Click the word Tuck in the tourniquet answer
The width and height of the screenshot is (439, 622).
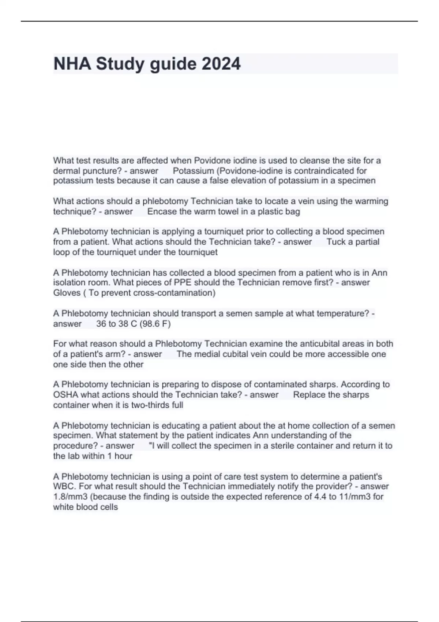click(336, 242)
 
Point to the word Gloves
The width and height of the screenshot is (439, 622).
click(67, 293)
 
